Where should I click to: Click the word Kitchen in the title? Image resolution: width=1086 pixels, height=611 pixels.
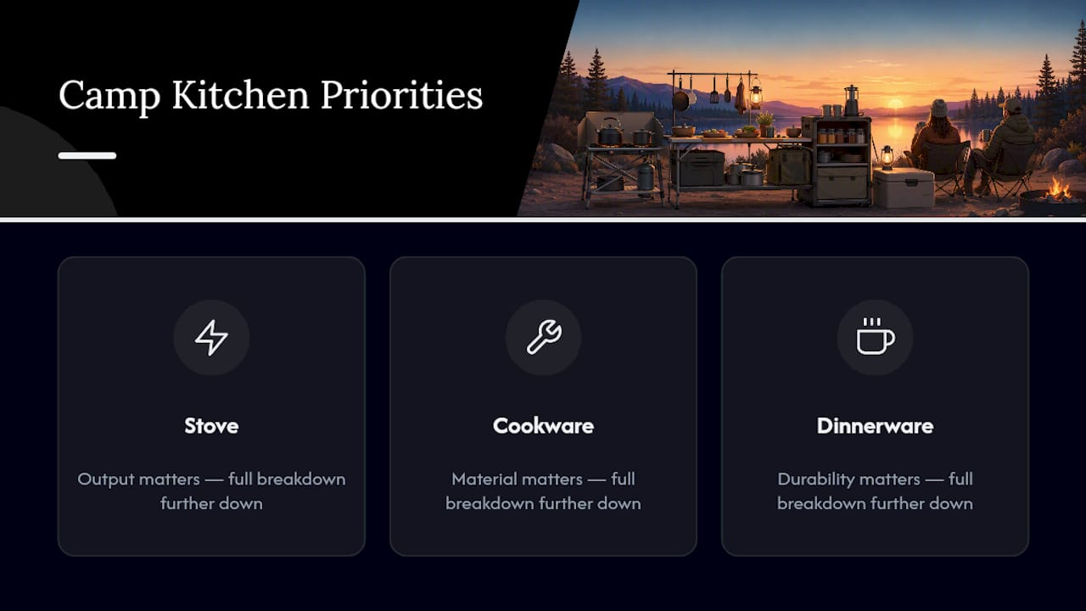(x=240, y=94)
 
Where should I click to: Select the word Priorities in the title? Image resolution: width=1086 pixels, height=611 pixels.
(x=401, y=95)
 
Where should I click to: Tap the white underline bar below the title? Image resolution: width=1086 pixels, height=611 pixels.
(x=87, y=155)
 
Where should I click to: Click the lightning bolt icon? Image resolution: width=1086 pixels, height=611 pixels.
(x=211, y=338)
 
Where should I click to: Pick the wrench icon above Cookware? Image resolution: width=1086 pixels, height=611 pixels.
(x=544, y=337)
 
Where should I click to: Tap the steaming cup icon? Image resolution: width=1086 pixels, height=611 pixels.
(x=875, y=336)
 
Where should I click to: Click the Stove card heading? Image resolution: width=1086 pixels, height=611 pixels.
(x=211, y=426)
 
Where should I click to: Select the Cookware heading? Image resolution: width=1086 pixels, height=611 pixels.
(x=543, y=426)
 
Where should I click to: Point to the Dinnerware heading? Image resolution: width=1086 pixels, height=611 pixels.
(x=875, y=426)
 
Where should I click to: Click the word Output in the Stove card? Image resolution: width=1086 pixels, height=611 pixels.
(x=106, y=479)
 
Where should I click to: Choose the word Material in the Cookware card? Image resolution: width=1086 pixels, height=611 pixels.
(x=482, y=479)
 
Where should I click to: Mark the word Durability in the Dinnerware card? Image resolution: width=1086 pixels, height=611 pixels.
(x=810, y=479)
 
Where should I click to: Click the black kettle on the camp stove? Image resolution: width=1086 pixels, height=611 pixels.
(x=609, y=132)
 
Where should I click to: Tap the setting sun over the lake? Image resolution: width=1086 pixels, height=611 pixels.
(x=895, y=104)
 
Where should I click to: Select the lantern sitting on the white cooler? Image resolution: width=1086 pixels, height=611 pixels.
(x=887, y=158)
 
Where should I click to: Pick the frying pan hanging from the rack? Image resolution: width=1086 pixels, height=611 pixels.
(x=680, y=99)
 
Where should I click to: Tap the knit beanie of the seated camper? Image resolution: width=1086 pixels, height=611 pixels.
(x=939, y=108)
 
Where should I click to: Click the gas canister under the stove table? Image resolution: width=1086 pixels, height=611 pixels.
(x=646, y=176)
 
